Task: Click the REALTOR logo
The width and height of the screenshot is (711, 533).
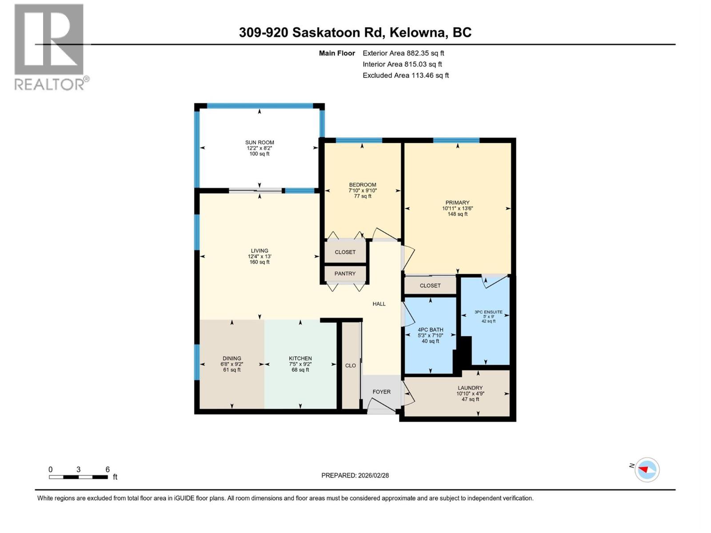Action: (x=49, y=47)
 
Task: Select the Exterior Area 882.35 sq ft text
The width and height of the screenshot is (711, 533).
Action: (x=403, y=53)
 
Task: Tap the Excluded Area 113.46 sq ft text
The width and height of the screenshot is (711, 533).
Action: (x=405, y=76)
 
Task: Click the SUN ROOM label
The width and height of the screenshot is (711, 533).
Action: (x=260, y=143)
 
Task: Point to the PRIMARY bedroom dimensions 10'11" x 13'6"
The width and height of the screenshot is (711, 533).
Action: (x=457, y=208)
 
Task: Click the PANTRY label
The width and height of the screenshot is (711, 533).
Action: (x=345, y=274)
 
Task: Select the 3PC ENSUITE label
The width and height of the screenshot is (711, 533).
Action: (x=488, y=312)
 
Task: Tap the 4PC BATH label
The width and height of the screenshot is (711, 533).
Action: (x=430, y=330)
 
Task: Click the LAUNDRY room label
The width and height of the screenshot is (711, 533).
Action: (x=470, y=388)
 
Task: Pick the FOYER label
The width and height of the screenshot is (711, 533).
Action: (x=381, y=392)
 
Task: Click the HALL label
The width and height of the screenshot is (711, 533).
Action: (x=379, y=304)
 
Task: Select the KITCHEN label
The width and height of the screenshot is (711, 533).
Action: (x=300, y=358)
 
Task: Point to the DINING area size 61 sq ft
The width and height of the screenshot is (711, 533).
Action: (x=232, y=370)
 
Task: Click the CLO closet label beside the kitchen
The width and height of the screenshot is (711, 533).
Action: (x=351, y=366)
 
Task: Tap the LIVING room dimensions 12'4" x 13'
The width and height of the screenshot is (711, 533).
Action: (x=260, y=257)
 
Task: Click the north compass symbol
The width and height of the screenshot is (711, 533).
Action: (x=647, y=470)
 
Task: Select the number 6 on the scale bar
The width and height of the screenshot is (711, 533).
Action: (x=108, y=469)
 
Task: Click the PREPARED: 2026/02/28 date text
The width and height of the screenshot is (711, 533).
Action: (x=355, y=475)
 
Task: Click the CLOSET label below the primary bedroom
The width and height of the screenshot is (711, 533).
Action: (x=430, y=286)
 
